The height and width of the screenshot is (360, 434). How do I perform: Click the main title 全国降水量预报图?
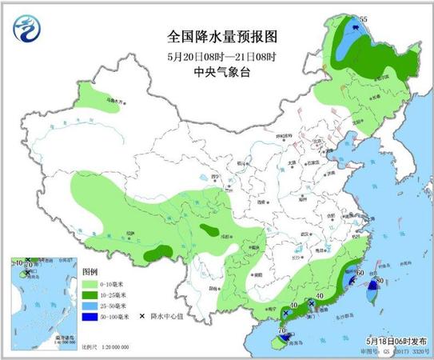click(216, 37)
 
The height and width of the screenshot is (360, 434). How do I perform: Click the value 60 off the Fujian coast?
click(361, 274)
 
